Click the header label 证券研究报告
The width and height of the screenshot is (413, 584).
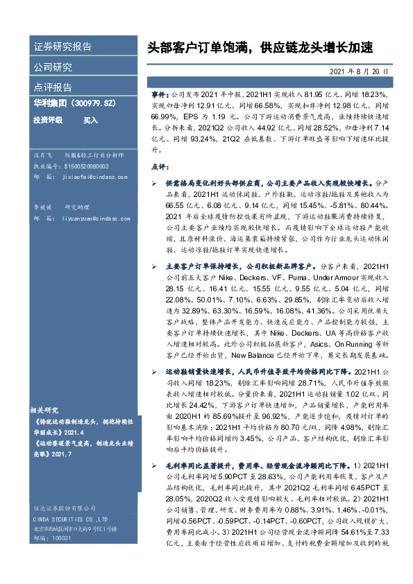pos(62,47)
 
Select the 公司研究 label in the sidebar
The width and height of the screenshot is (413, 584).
pos(53,67)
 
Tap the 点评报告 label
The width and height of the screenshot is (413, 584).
pos(53,87)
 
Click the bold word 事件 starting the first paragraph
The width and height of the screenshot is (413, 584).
pos(158,92)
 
